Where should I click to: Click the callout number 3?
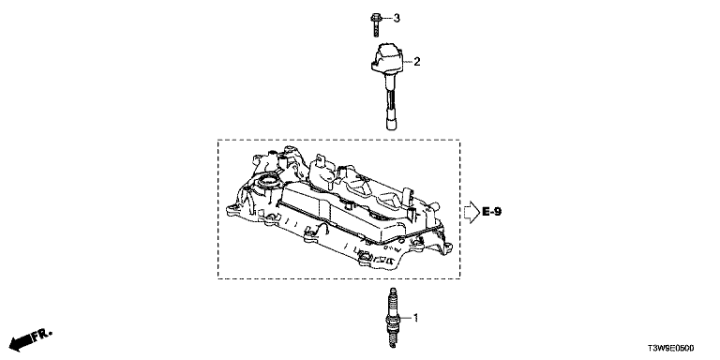(397, 18)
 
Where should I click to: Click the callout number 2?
(417, 62)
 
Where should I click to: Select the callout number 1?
(416, 317)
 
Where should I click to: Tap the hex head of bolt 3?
(375, 19)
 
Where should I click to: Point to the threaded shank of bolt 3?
(375, 30)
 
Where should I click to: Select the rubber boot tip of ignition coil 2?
(390, 123)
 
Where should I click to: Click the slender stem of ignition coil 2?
(390, 96)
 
